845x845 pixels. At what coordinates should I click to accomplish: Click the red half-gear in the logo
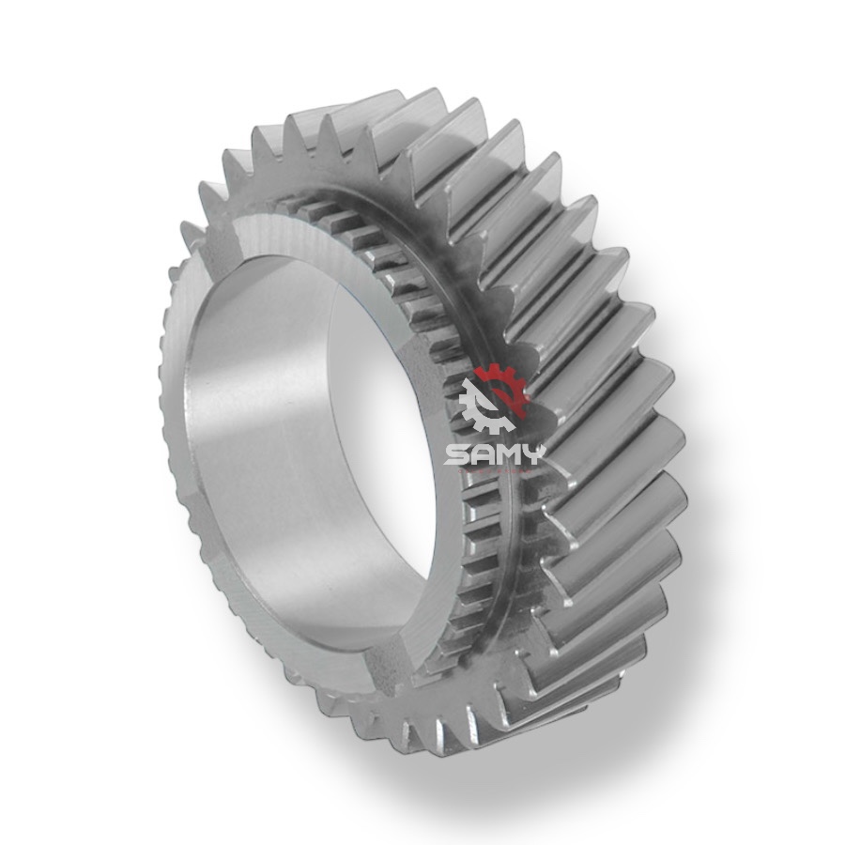pyautogui.click(x=505, y=385)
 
